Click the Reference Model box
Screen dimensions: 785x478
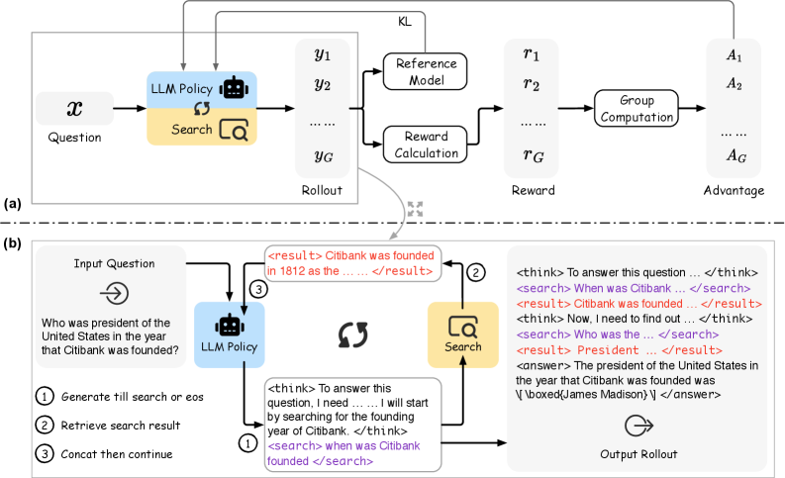(425, 71)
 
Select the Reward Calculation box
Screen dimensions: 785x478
(425, 144)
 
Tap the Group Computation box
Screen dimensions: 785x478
(637, 108)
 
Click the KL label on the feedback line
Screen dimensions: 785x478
(405, 22)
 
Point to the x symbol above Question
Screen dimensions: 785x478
(74, 108)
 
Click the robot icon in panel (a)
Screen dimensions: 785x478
(234, 88)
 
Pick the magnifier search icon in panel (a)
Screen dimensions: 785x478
(234, 130)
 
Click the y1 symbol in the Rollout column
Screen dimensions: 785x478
(323, 54)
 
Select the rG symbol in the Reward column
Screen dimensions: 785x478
(534, 155)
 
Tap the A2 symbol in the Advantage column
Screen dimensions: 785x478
(734, 83)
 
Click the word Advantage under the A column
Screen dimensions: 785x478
(734, 190)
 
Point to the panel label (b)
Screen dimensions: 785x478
(13, 243)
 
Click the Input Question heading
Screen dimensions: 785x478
(114, 264)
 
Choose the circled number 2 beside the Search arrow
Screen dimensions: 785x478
(476, 273)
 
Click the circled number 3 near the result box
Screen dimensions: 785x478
(258, 289)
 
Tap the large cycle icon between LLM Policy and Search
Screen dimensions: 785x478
(353, 335)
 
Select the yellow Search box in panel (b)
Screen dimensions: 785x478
(463, 335)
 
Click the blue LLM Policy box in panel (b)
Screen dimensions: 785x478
(230, 335)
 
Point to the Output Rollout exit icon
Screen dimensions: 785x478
(638, 426)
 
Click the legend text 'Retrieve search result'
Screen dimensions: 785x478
(121, 426)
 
